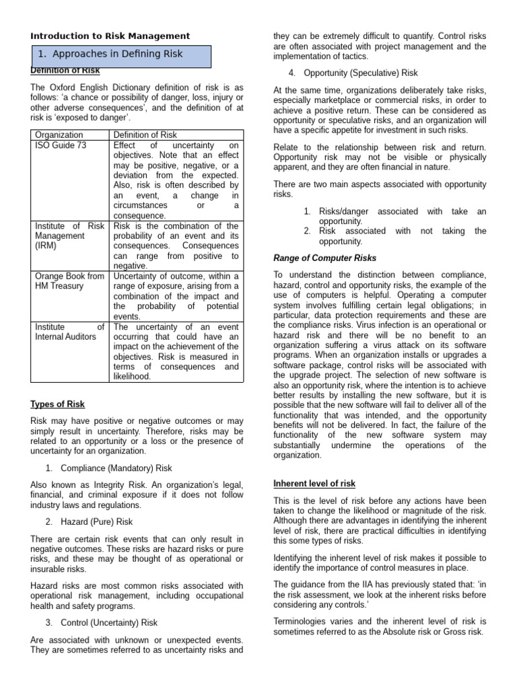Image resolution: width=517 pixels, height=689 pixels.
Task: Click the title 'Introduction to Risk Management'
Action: (x=110, y=36)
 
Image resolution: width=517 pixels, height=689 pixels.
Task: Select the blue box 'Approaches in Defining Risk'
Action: (x=121, y=55)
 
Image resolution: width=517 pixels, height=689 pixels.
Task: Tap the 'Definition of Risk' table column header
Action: (x=145, y=135)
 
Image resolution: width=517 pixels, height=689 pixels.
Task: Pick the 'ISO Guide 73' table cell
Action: (x=61, y=145)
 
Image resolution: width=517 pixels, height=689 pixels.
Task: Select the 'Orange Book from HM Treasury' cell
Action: (x=69, y=281)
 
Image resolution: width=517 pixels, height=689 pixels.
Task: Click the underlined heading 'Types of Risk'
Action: (x=58, y=404)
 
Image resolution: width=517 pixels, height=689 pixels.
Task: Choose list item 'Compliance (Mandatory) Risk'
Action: (x=116, y=468)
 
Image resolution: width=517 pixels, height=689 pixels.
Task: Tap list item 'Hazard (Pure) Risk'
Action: (x=96, y=521)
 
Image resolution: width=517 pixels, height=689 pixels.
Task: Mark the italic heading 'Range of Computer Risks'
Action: (x=325, y=258)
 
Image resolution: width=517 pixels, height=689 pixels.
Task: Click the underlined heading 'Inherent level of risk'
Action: (x=314, y=484)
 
